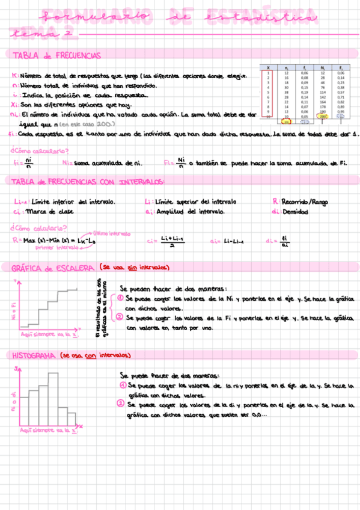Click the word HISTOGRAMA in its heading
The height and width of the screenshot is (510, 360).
(x=34, y=355)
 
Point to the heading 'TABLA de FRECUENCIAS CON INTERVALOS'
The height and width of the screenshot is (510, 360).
(x=88, y=182)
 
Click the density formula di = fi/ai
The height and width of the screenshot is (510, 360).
(x=277, y=241)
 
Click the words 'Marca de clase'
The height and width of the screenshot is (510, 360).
(x=52, y=212)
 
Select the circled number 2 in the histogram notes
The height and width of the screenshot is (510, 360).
(x=123, y=405)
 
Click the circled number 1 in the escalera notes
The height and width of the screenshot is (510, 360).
(x=120, y=298)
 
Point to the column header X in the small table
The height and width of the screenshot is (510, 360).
(x=268, y=68)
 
